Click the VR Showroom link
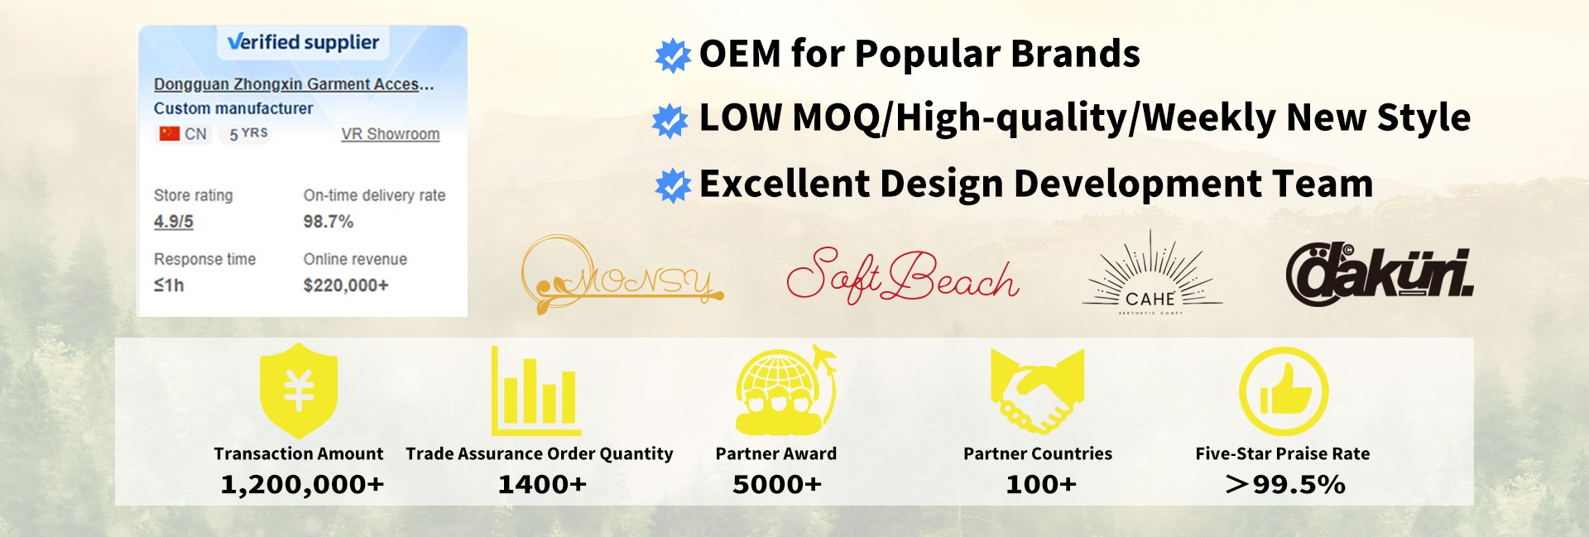tap(391, 134)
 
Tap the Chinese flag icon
tap(170, 133)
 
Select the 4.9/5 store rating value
tap(174, 222)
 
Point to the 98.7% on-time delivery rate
tap(329, 222)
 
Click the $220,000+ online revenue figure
tap(346, 285)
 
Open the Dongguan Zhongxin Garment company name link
tap(294, 84)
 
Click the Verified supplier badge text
tap(303, 42)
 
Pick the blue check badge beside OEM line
tap(673, 55)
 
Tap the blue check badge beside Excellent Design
tap(673, 185)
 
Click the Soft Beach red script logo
tap(903, 276)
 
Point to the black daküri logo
tap(1380, 274)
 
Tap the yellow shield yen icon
tap(299, 390)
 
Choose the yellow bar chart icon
tap(536, 391)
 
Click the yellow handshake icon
tap(1038, 391)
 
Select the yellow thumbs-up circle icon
tap(1284, 391)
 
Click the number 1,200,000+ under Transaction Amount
tap(302, 485)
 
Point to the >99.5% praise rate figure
tap(1285, 485)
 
